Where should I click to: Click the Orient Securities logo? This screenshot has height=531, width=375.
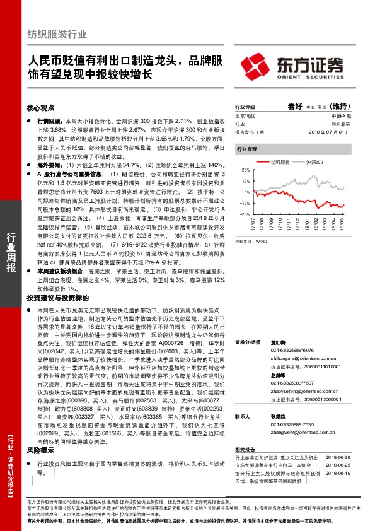tap(293, 65)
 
